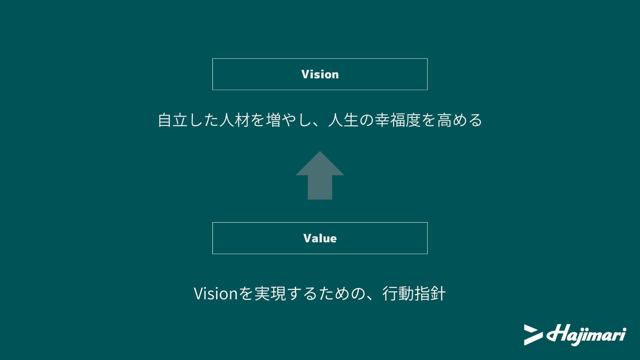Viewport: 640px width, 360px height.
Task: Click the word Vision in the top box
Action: (320, 74)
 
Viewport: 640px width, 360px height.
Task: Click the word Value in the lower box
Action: (320, 238)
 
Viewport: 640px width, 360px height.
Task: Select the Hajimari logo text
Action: (586, 334)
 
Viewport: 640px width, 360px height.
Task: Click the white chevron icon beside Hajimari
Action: (533, 335)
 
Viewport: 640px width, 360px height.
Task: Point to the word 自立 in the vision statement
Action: (173, 120)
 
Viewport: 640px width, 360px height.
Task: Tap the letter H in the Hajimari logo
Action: (555, 333)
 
